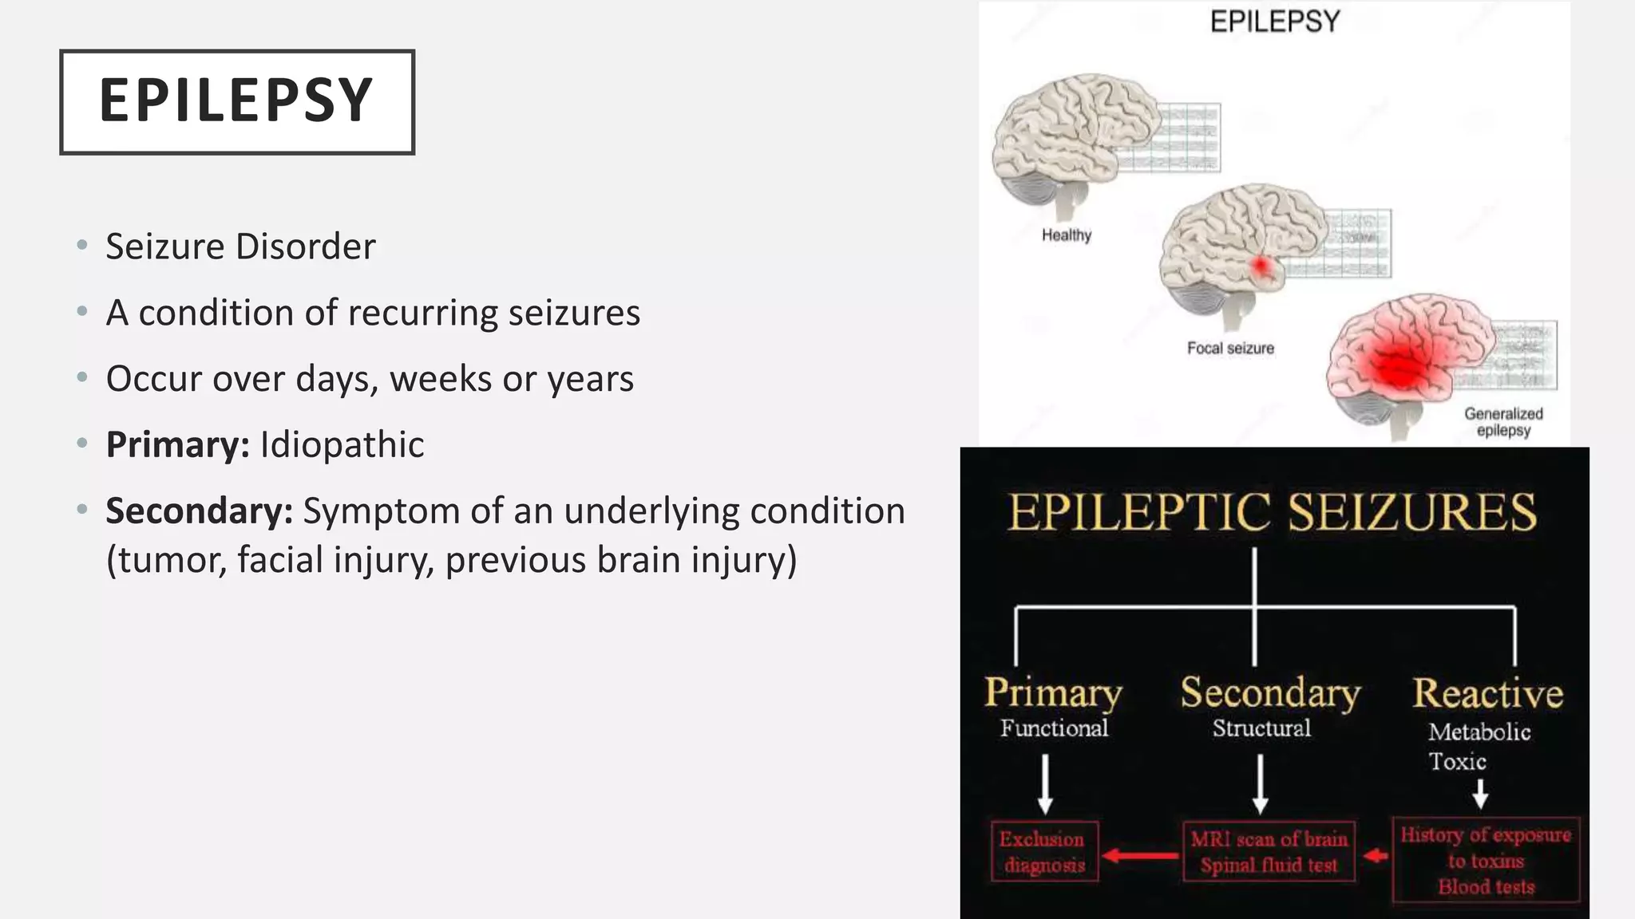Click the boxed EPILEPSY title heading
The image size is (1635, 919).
coord(236,101)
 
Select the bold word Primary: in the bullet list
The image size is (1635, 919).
coord(178,445)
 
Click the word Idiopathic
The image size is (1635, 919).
coord(342,445)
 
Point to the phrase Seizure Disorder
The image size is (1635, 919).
coord(240,247)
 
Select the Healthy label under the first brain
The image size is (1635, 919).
coord(1066,235)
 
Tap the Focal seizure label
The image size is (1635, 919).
coord(1230,349)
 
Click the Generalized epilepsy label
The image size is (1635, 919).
coord(1503,422)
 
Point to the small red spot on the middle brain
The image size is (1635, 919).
coord(1261,266)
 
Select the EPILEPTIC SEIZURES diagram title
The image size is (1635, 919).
coord(1273,512)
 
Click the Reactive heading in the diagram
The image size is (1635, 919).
coord(1487,693)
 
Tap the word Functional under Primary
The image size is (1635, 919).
coord(1054,728)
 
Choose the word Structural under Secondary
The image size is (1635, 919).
coord(1261,728)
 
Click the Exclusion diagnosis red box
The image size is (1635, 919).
coord(1044,852)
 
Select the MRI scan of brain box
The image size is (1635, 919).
coord(1269,852)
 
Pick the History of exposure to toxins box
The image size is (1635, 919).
coord(1486,860)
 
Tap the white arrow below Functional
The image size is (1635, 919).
coord(1045,784)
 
